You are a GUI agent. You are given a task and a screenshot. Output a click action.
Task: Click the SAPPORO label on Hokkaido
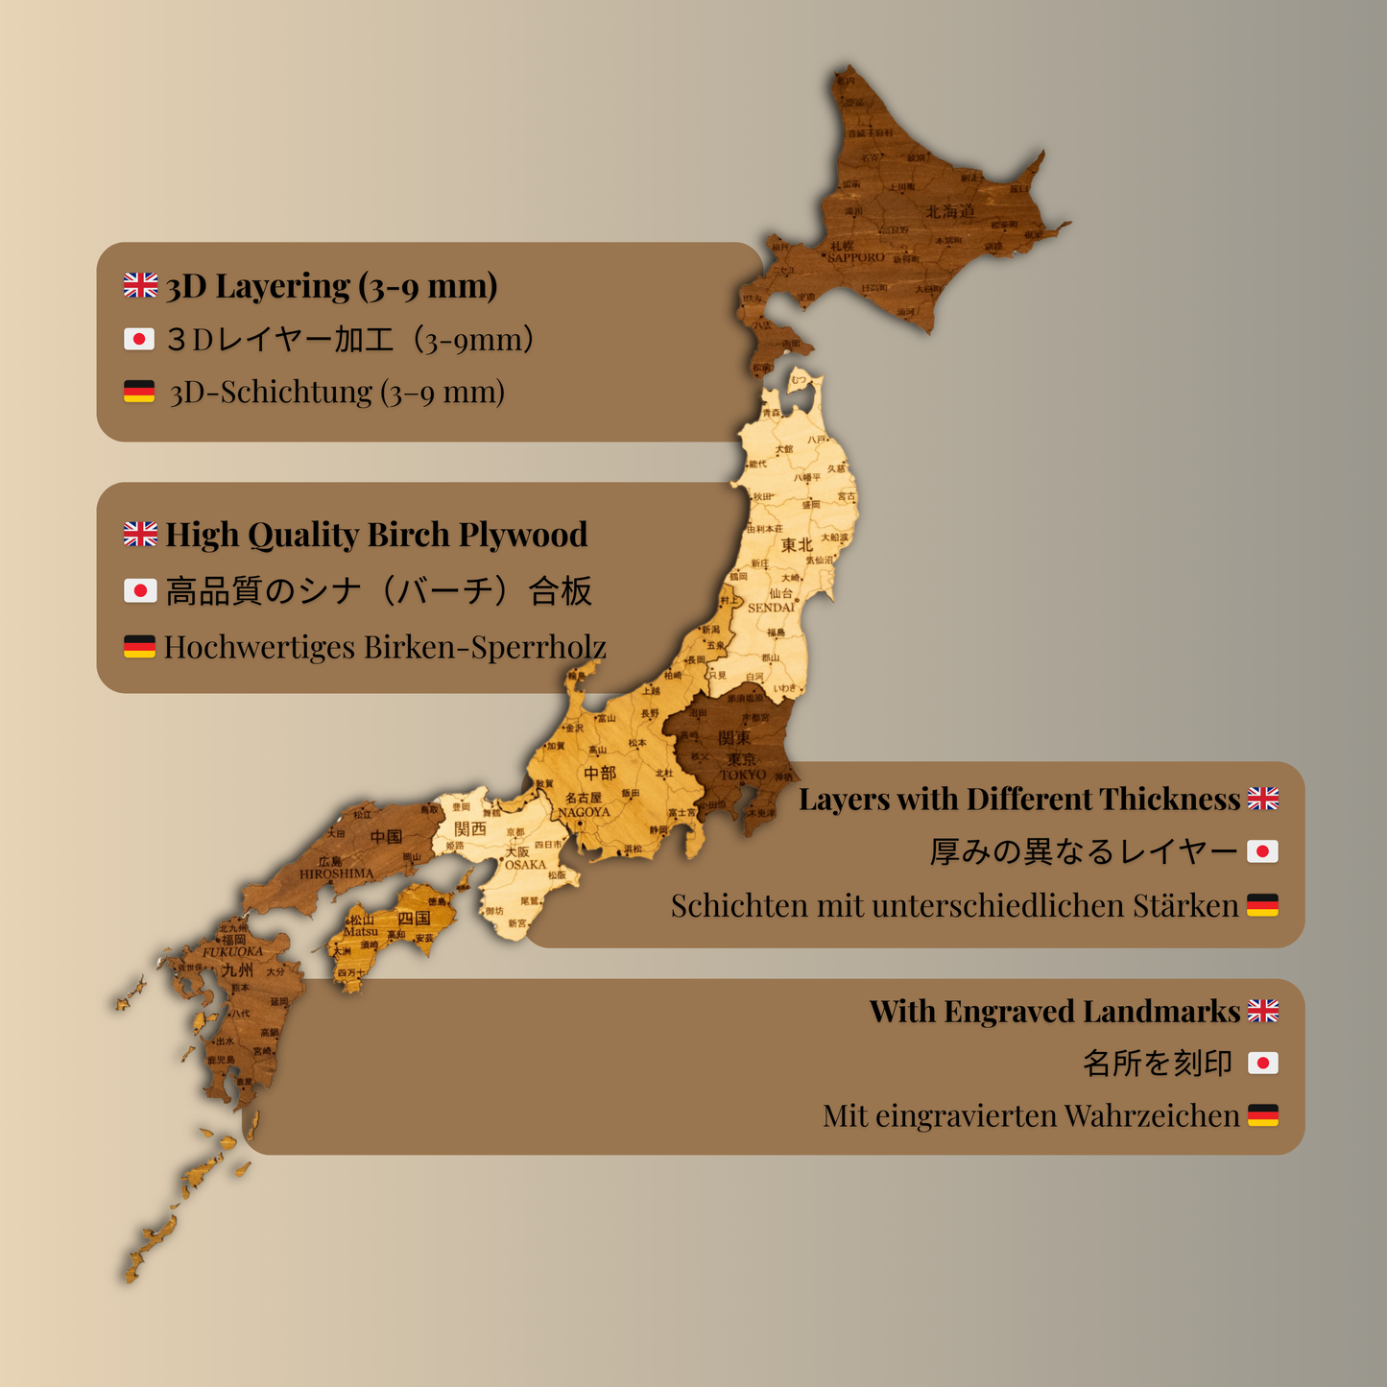pos(856,257)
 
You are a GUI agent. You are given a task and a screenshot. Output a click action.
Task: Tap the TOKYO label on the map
pos(744,775)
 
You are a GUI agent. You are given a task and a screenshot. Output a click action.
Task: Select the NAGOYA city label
pos(585,812)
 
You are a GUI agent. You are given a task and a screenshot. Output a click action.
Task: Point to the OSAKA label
pos(525,865)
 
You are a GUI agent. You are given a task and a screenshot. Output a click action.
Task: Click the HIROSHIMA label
pos(336,874)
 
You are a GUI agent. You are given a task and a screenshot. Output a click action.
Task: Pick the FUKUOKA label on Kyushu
pos(232,952)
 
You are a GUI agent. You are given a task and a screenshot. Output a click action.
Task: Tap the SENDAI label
pos(772,608)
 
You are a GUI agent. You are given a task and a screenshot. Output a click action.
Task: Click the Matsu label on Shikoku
pos(361,932)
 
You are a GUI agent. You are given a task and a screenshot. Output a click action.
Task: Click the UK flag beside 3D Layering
pos(140,285)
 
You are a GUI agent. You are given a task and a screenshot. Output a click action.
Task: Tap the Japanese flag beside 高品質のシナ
pos(140,591)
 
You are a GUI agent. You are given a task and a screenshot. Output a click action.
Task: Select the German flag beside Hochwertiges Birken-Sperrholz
pos(140,647)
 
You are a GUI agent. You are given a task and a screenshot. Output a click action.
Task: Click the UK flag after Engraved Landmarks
pos(1262,1011)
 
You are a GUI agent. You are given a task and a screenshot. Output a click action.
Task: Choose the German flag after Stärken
pos(1262,905)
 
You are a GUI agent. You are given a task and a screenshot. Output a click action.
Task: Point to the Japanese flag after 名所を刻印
pos(1262,1063)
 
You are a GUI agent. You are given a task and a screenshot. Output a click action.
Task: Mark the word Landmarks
pos(1161,1012)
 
